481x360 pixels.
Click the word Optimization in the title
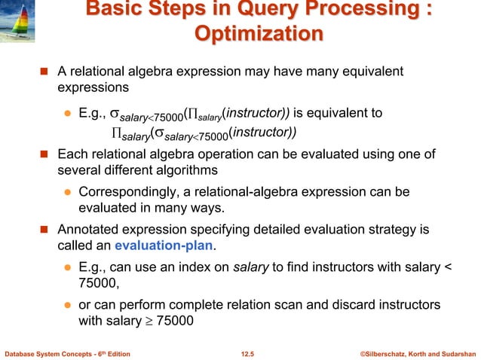coord(259,35)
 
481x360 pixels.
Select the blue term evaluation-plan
coord(157,245)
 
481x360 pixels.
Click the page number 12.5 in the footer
coord(248,352)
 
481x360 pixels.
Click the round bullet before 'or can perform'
coord(66,303)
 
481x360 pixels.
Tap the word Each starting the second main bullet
coord(73,154)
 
